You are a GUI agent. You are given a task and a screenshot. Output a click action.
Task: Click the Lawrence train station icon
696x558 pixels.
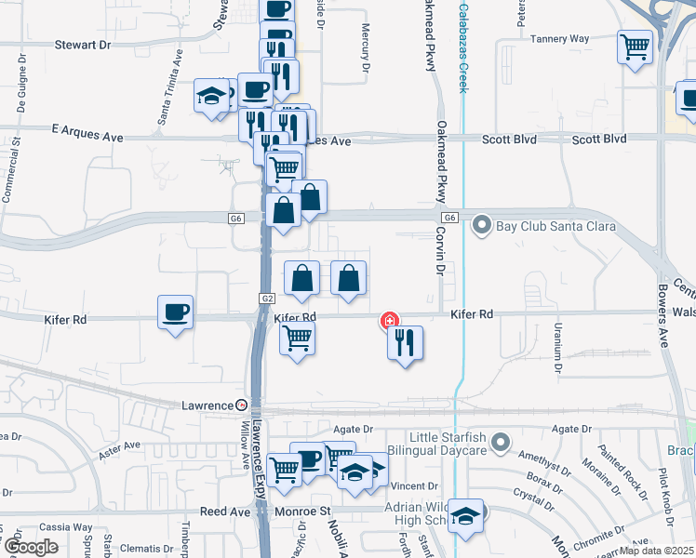pyautogui.click(x=241, y=405)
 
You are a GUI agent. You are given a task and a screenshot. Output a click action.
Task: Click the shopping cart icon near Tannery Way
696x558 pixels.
pyautogui.click(x=635, y=46)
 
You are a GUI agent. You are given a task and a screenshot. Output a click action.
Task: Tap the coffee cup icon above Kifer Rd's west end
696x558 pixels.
pyautogui.click(x=174, y=312)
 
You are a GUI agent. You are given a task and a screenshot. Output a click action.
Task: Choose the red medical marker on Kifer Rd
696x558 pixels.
pyautogui.click(x=388, y=321)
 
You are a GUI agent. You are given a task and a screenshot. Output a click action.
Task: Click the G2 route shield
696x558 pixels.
pyautogui.click(x=267, y=299)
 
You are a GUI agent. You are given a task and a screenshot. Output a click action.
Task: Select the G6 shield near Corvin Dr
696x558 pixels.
pyautogui.click(x=449, y=218)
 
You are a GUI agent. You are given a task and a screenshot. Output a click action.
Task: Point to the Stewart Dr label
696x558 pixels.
pyautogui.click(x=82, y=45)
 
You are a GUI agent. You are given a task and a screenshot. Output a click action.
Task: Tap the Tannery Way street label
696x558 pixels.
pyautogui.click(x=560, y=39)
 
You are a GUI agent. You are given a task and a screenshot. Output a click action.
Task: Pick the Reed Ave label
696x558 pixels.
pyautogui.click(x=225, y=512)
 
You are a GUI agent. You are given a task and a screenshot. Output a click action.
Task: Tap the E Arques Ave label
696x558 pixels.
pyautogui.click(x=87, y=137)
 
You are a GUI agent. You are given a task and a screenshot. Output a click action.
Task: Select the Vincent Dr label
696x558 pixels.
pyautogui.click(x=414, y=486)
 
